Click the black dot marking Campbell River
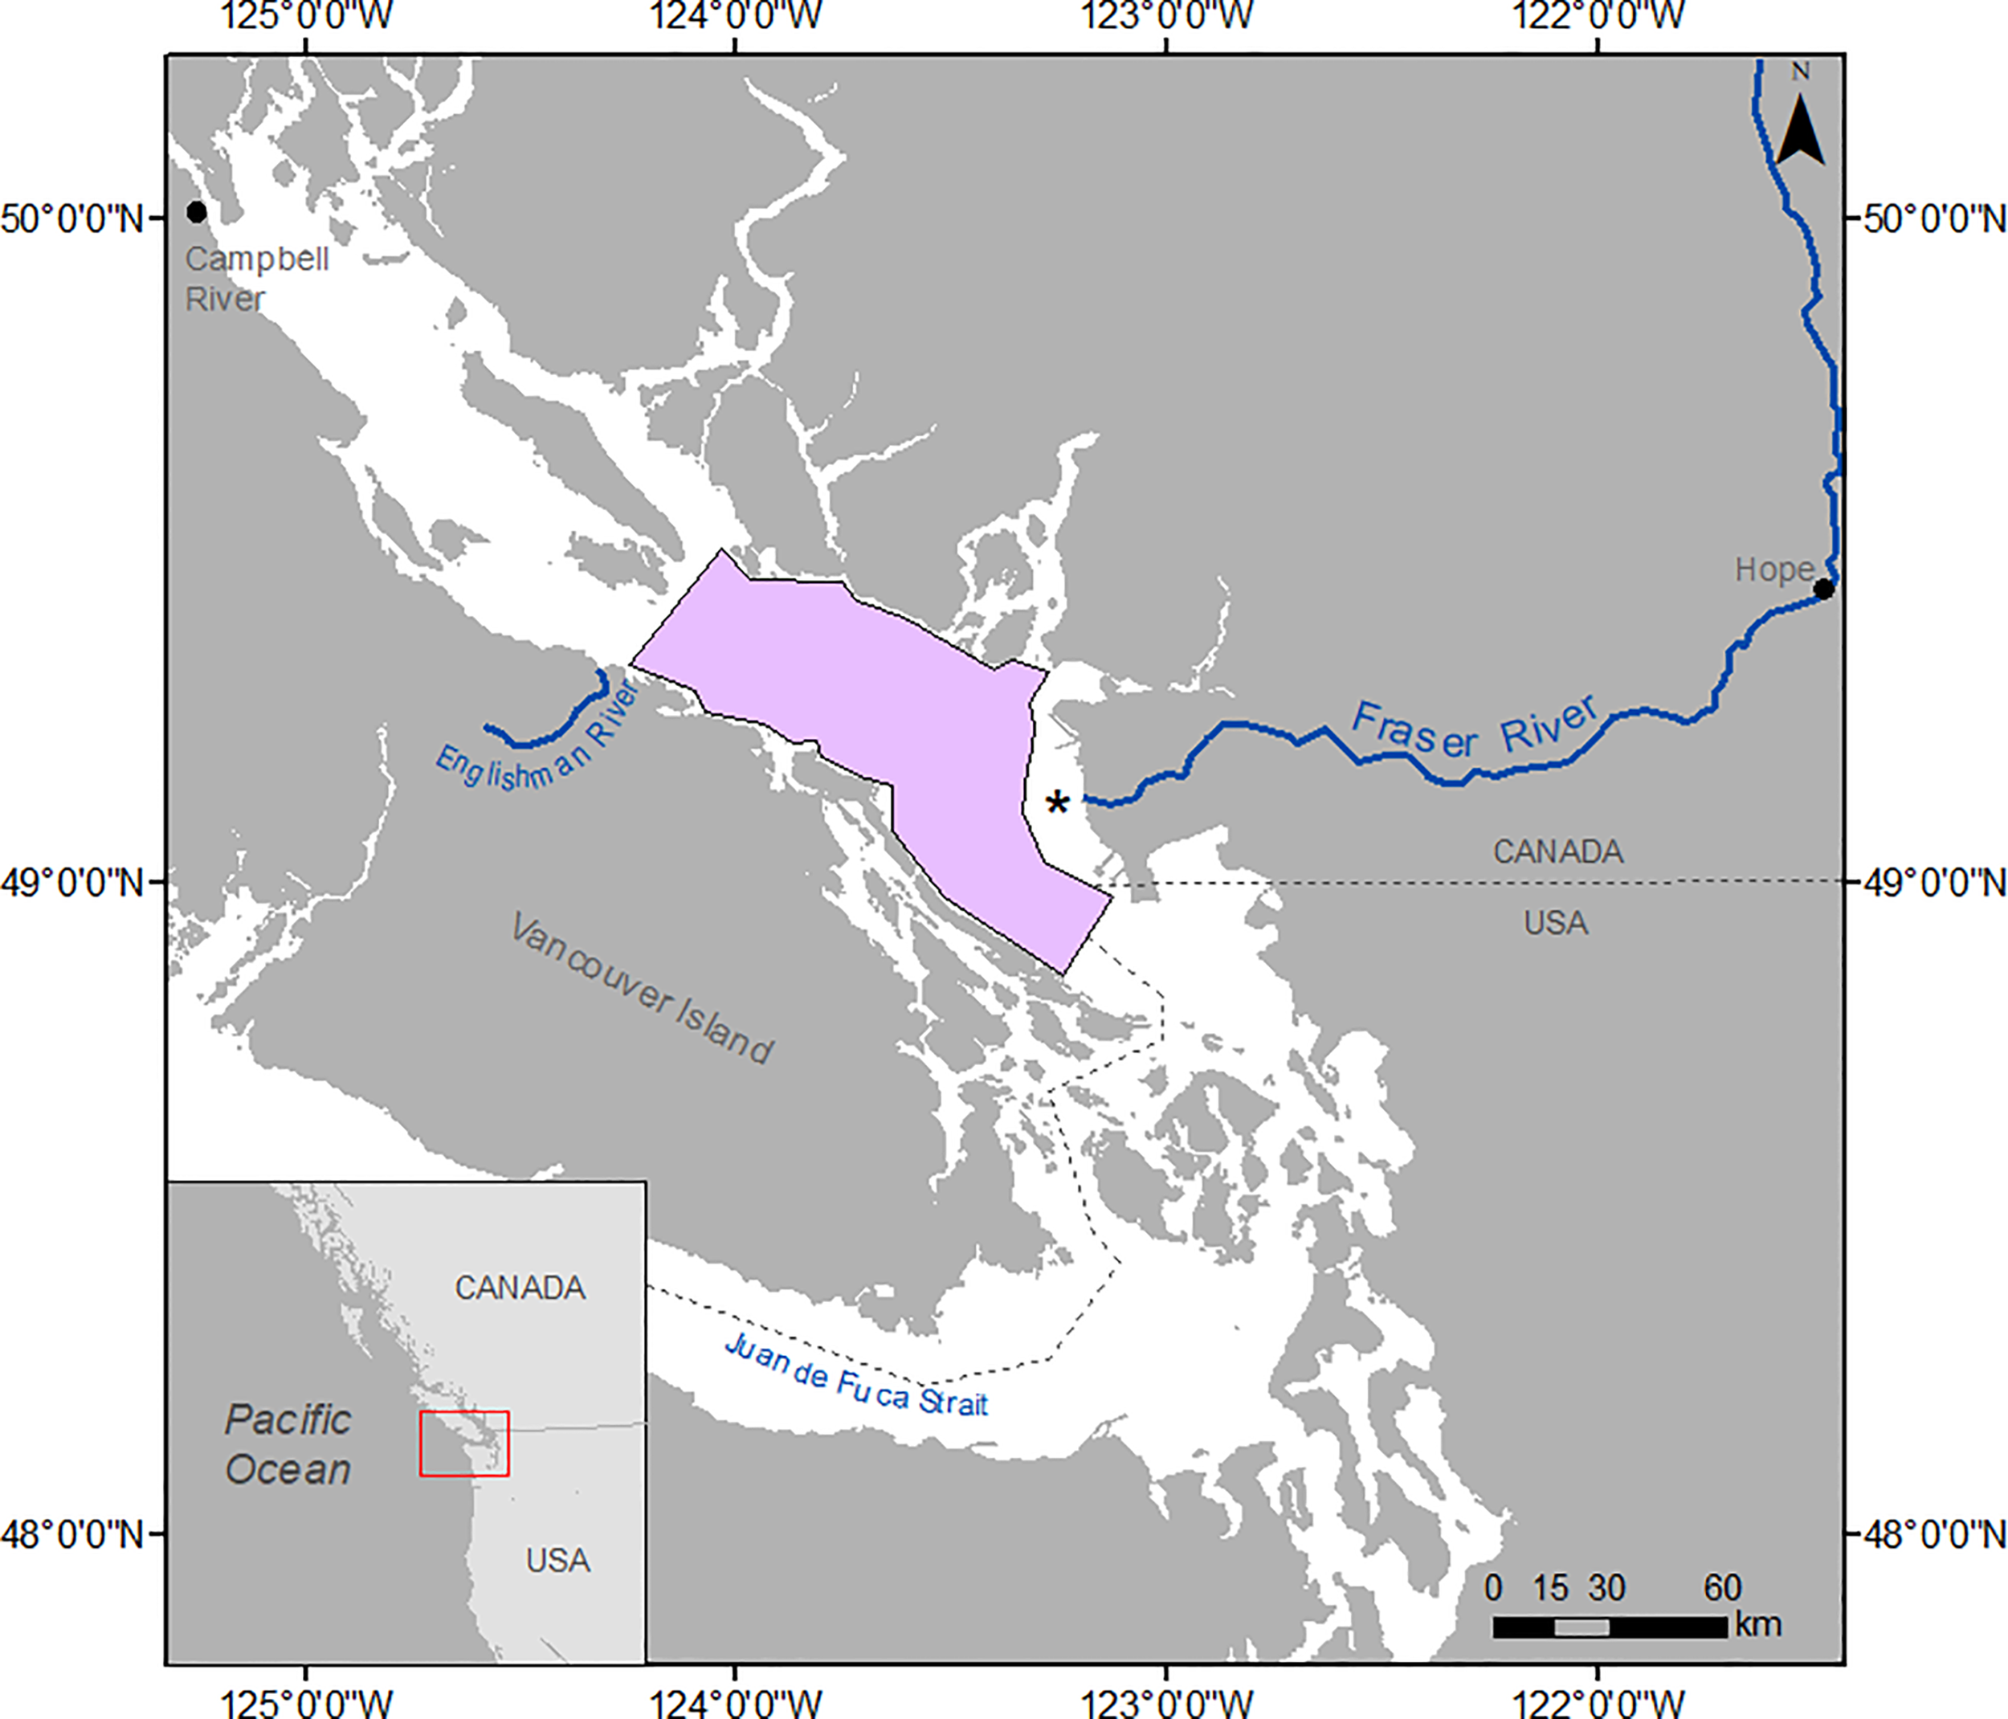[197, 211]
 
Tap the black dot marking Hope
[1823, 588]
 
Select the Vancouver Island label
[642, 987]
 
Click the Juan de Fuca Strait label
[855, 1377]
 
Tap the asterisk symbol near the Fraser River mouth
[1057, 802]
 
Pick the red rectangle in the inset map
[464, 1443]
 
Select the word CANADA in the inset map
[520, 1288]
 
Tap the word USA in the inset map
[558, 1560]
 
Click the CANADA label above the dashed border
[1557, 851]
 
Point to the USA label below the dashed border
[1556, 922]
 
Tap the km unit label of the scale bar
[1758, 1624]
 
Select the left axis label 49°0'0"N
[71, 883]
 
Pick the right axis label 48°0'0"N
[1934, 1534]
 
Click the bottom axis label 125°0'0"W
[307, 1701]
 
